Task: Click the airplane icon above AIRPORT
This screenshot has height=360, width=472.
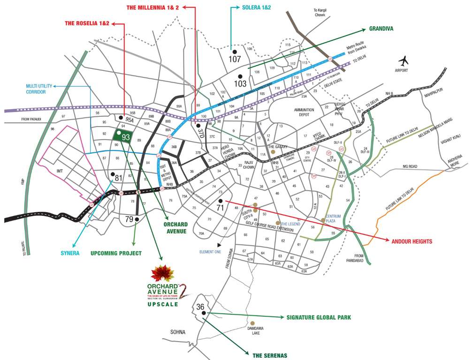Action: click(404, 61)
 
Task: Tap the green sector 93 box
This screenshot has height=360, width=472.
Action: click(122, 136)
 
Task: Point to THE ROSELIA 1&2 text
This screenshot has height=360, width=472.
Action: click(87, 23)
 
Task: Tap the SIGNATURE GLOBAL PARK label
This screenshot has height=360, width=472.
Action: click(319, 317)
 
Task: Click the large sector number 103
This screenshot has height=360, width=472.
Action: click(240, 84)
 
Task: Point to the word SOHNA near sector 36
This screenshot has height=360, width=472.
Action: click(178, 332)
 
